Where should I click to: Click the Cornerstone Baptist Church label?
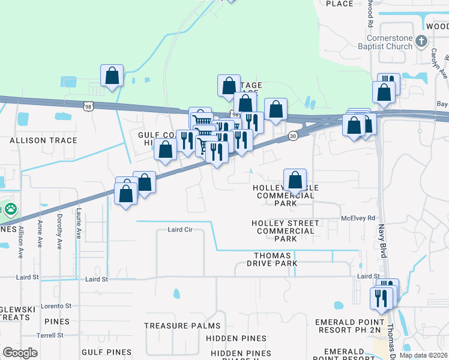pyautogui.click(x=382, y=41)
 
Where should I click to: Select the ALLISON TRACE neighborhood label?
pyautogui.click(x=43, y=140)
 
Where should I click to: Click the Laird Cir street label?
pyautogui.click(x=179, y=230)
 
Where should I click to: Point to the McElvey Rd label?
pyautogui.click(x=358, y=218)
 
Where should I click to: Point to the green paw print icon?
pyautogui.click(x=11, y=209)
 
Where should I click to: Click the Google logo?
pyautogui.click(x=20, y=353)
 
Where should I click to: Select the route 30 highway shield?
pyautogui.click(x=292, y=136)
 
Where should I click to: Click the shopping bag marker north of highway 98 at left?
pyautogui.click(x=112, y=76)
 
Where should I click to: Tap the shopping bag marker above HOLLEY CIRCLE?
pyautogui.click(x=295, y=179)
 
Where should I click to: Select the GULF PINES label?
pyautogui.click(x=106, y=352)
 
